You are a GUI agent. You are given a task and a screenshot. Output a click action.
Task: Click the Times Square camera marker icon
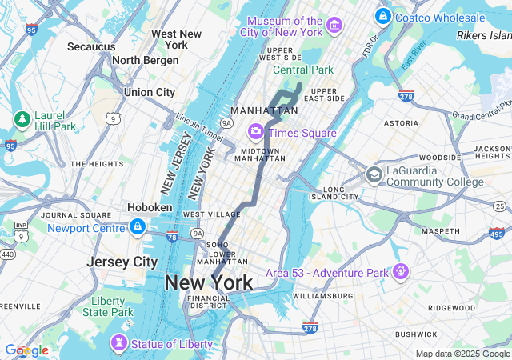point(256,130)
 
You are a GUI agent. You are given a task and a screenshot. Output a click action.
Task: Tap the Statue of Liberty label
point(172,344)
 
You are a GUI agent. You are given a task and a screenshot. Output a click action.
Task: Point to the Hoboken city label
point(150,207)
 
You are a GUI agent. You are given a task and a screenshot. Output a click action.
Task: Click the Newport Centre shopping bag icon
point(138,228)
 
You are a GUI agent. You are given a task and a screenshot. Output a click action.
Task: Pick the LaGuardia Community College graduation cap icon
point(374,174)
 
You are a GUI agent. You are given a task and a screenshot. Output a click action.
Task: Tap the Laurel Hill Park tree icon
point(22,120)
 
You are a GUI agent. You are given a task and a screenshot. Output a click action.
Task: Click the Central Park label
point(302,70)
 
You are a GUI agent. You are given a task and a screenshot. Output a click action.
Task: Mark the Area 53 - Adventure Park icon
point(399,273)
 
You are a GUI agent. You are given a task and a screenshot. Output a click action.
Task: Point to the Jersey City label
point(122,262)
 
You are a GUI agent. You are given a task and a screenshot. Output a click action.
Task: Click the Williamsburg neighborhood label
point(322,296)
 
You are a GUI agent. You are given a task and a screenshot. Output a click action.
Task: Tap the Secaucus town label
point(91,47)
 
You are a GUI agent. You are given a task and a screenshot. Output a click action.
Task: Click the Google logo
point(26,350)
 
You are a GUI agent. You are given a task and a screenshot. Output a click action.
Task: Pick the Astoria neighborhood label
point(401,123)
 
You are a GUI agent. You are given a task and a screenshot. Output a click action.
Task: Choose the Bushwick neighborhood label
point(415,334)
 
